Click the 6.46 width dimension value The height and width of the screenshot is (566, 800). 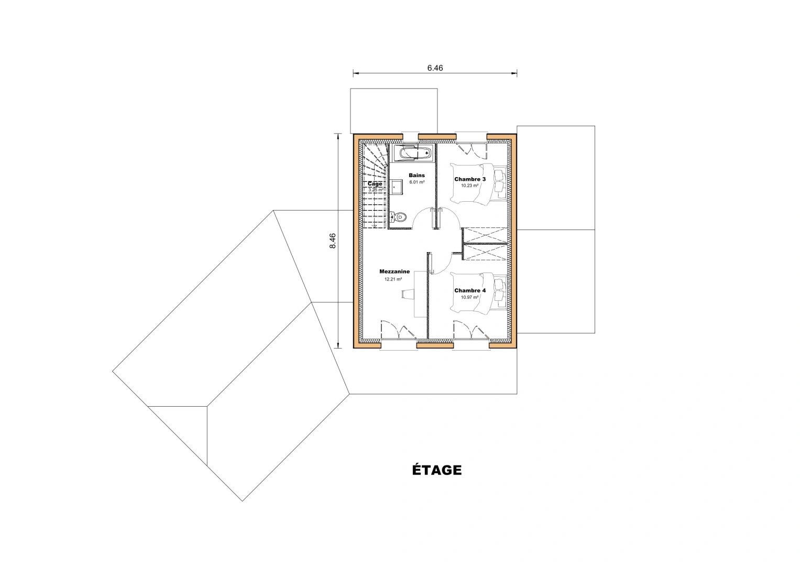435,68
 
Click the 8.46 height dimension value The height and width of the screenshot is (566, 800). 333,241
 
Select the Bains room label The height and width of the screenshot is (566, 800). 417,176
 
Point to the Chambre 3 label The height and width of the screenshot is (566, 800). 469,179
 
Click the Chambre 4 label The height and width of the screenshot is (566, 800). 469,290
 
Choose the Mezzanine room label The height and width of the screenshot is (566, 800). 394,271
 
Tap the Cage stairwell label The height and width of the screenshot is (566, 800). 375,184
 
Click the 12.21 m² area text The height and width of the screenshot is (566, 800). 393,279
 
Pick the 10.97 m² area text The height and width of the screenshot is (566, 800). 469,297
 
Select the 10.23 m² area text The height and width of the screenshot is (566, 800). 469,186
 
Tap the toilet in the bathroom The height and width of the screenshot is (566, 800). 399,217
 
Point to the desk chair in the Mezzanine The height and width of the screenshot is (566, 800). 407,294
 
